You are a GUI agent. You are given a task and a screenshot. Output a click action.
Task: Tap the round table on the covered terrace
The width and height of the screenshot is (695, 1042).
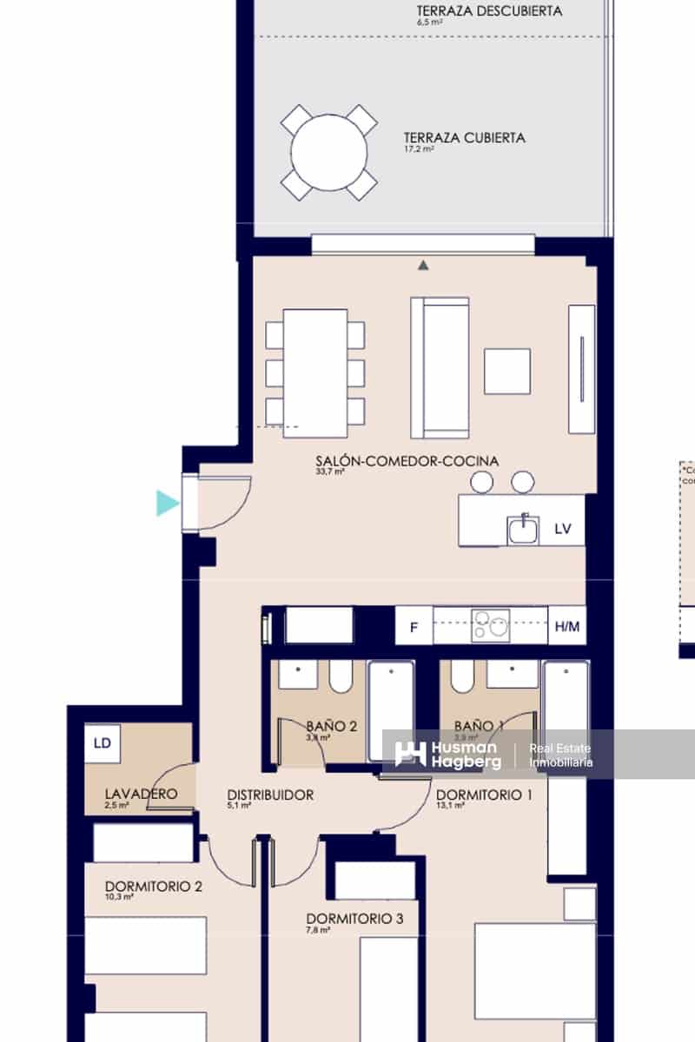tap(328, 153)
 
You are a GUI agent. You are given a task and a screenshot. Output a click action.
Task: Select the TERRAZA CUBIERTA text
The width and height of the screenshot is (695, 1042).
tap(464, 137)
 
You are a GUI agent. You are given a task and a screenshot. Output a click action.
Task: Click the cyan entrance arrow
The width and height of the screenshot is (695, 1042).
tap(167, 503)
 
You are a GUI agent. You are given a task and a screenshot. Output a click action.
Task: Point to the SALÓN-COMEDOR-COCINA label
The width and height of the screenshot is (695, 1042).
tap(407, 461)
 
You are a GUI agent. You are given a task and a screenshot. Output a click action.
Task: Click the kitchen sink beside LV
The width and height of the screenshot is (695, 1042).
tap(523, 529)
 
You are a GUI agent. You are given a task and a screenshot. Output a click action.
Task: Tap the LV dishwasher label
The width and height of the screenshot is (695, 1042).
tap(563, 529)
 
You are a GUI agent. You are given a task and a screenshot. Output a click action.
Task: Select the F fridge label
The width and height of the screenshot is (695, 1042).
tap(414, 626)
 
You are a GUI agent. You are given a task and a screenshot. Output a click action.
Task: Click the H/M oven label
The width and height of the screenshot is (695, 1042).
tap(566, 626)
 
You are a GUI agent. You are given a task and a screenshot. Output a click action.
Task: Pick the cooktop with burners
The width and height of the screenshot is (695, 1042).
tap(491, 626)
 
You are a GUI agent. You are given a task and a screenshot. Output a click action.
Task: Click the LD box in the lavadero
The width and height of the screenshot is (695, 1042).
tap(103, 743)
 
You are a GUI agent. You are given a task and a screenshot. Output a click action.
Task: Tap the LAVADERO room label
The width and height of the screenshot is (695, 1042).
tap(141, 794)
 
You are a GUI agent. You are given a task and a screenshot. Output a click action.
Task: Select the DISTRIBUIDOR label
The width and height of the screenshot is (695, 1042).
tap(270, 795)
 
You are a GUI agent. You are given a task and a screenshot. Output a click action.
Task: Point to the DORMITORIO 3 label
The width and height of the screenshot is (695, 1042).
tap(354, 919)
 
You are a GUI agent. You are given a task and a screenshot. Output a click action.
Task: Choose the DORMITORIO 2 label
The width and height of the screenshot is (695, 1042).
tap(154, 887)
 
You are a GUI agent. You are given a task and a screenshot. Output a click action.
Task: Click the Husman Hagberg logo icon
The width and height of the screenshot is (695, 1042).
tap(410, 754)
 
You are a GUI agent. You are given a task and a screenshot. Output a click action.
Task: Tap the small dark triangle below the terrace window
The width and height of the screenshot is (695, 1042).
tap(423, 265)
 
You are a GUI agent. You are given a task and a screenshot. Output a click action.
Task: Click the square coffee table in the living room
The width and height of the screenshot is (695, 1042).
tap(507, 371)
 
